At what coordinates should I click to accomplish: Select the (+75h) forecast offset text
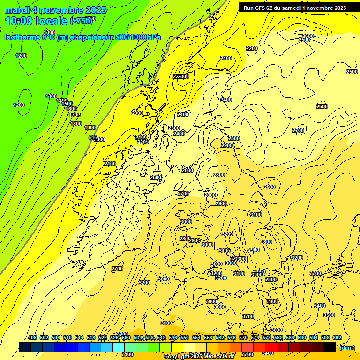pyautogui.click(x=82, y=21)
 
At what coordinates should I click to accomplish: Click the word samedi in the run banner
pyautogui.click(x=297, y=7)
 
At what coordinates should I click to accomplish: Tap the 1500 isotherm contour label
pyautogui.click(x=67, y=104)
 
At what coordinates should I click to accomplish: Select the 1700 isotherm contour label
pyautogui.click(x=75, y=115)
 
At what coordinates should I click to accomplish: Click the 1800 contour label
pyautogui.click(x=76, y=124)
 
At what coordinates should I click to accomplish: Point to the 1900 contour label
pyautogui.click(x=90, y=127)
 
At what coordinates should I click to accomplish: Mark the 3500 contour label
pyautogui.click(x=329, y=315)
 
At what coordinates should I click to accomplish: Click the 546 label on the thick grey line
pyautogui.click(x=93, y=137)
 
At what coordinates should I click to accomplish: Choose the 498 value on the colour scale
pyautogui.click(x=32, y=338)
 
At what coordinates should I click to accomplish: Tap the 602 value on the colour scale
pyautogui.click(x=337, y=338)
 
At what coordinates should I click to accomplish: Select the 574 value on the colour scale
pyautogui.click(x=255, y=338)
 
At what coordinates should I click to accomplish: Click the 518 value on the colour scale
pyautogui.click(x=91, y=338)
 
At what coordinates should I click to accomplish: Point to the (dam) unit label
pyautogui.click(x=347, y=347)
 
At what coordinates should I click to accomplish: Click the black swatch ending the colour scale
pyautogui.click(x=330, y=347)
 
